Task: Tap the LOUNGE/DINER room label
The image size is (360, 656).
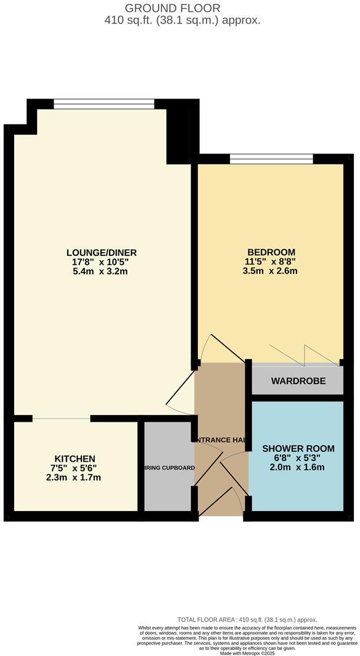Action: [x=102, y=253]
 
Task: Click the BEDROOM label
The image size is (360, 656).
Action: [x=271, y=252]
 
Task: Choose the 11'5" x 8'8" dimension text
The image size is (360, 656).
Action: [x=271, y=261]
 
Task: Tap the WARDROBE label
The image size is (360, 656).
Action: [x=298, y=381]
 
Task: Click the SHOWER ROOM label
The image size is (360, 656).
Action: [x=298, y=448]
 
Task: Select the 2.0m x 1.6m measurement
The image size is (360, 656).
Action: [x=298, y=467]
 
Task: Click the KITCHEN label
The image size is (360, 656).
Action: [x=75, y=459]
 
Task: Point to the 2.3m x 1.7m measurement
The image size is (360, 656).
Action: [x=75, y=477]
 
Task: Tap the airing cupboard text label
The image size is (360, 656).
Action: [x=170, y=468]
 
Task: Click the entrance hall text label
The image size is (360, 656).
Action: [x=221, y=440]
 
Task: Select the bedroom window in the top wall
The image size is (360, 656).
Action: [x=271, y=159]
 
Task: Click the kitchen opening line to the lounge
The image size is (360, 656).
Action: [x=62, y=419]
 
